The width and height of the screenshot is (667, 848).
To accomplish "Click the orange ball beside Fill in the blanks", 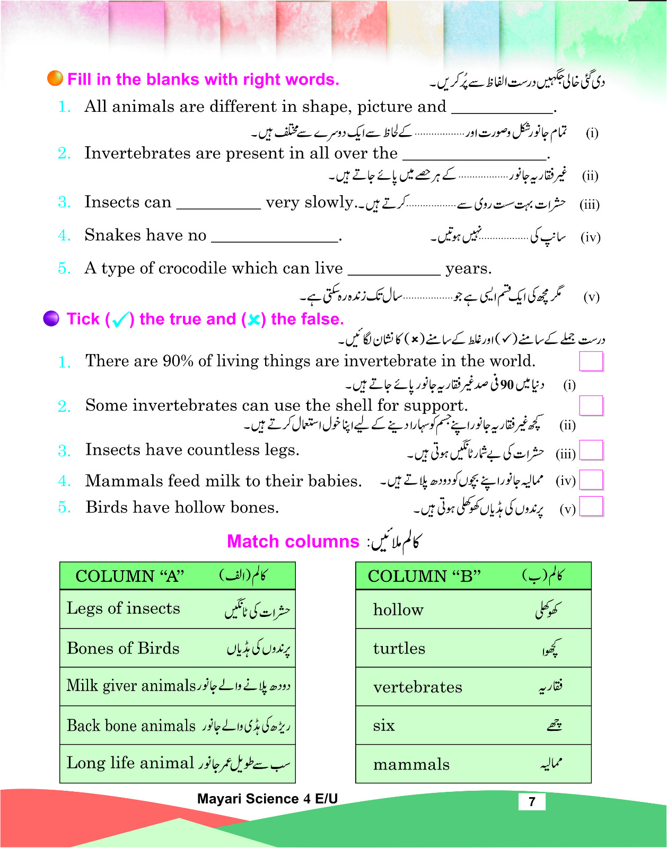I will click(55, 78).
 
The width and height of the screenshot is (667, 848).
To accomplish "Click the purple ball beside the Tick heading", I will click(51, 319).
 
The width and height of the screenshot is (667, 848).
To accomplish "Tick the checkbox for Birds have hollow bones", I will click(591, 506).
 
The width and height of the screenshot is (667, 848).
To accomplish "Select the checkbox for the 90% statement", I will click(591, 361).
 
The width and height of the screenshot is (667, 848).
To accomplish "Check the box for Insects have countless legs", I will click(591, 450).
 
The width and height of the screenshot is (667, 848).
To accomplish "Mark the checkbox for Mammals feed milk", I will click(591, 480).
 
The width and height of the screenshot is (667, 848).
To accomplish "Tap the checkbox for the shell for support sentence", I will click(591, 405).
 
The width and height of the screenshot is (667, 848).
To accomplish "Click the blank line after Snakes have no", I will click(275, 240).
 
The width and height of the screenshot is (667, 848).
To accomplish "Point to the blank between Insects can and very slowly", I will click(218, 207).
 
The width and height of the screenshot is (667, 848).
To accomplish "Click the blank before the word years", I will click(394, 273).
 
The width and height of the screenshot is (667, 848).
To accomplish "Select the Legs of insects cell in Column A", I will click(177, 608).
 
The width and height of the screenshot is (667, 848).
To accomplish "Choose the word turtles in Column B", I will click(399, 648).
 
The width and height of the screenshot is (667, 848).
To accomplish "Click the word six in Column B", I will click(384, 725).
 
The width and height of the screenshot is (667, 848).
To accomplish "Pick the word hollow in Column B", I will click(398, 609).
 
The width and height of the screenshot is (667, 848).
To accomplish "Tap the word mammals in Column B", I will click(411, 764).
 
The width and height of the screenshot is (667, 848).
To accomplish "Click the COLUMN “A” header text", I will click(130, 576).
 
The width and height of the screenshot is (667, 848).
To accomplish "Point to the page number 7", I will click(532, 801).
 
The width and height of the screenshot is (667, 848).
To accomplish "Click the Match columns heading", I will click(293, 541).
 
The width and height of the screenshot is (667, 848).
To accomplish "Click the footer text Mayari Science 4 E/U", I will click(267, 799).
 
